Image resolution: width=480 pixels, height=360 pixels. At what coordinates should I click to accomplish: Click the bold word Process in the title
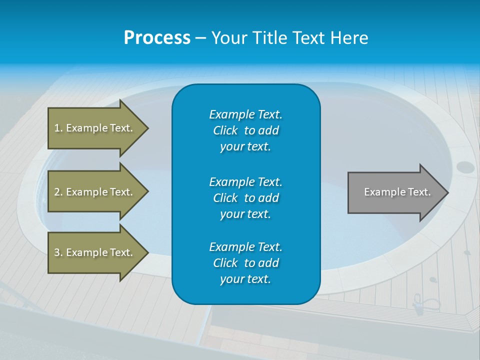[156, 37]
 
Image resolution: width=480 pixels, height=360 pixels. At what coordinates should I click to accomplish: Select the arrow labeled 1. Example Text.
[95, 128]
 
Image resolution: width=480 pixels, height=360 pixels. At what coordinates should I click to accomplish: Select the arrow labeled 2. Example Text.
[95, 192]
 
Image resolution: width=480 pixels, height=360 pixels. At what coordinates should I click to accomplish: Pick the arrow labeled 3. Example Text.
[95, 252]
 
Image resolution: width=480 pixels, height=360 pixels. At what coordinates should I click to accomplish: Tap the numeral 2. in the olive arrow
[58, 192]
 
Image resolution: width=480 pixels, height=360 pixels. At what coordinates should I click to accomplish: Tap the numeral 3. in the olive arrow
[58, 252]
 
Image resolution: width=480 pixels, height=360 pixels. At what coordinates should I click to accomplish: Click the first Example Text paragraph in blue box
[245, 130]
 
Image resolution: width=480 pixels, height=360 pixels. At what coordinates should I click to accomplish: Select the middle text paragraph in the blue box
[245, 197]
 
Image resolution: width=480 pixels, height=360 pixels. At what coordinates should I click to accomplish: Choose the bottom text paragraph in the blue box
[245, 263]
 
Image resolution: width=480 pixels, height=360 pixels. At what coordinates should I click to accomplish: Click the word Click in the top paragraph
[225, 130]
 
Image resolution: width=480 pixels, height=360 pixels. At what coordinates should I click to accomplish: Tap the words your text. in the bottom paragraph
[245, 279]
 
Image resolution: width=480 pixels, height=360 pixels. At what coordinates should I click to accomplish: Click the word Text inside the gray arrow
[420, 192]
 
